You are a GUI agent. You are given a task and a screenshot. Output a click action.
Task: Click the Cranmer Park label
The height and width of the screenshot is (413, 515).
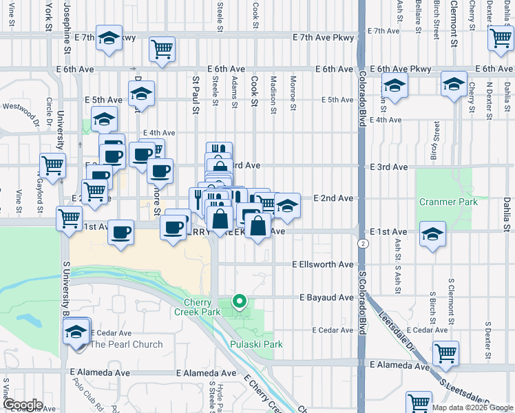click(439, 202)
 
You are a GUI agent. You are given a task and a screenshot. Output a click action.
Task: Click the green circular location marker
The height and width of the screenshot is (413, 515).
click(240, 300)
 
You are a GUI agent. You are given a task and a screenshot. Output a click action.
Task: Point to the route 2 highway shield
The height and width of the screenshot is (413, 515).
click(362, 244)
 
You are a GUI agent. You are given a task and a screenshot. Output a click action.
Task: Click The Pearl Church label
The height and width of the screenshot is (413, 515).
click(127, 344)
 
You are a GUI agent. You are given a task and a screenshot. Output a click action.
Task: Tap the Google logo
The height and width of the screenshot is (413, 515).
click(23, 405)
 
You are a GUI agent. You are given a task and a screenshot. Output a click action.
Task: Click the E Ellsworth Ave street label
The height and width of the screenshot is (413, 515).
click(322, 264)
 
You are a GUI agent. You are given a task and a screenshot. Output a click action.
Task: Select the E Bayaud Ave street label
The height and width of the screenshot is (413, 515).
click(326, 297)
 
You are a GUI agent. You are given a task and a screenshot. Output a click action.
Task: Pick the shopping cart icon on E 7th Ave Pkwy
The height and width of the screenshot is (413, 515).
click(162, 48)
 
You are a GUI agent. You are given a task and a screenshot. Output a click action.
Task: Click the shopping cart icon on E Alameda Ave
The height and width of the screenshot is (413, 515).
click(445, 352)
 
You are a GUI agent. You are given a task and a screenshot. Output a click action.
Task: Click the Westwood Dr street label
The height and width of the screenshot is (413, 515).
click(21, 107)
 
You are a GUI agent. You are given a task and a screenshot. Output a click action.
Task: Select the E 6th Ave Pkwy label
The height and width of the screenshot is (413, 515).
click(400, 69)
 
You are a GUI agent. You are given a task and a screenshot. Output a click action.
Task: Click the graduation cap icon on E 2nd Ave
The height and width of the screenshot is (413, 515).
click(287, 204)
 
